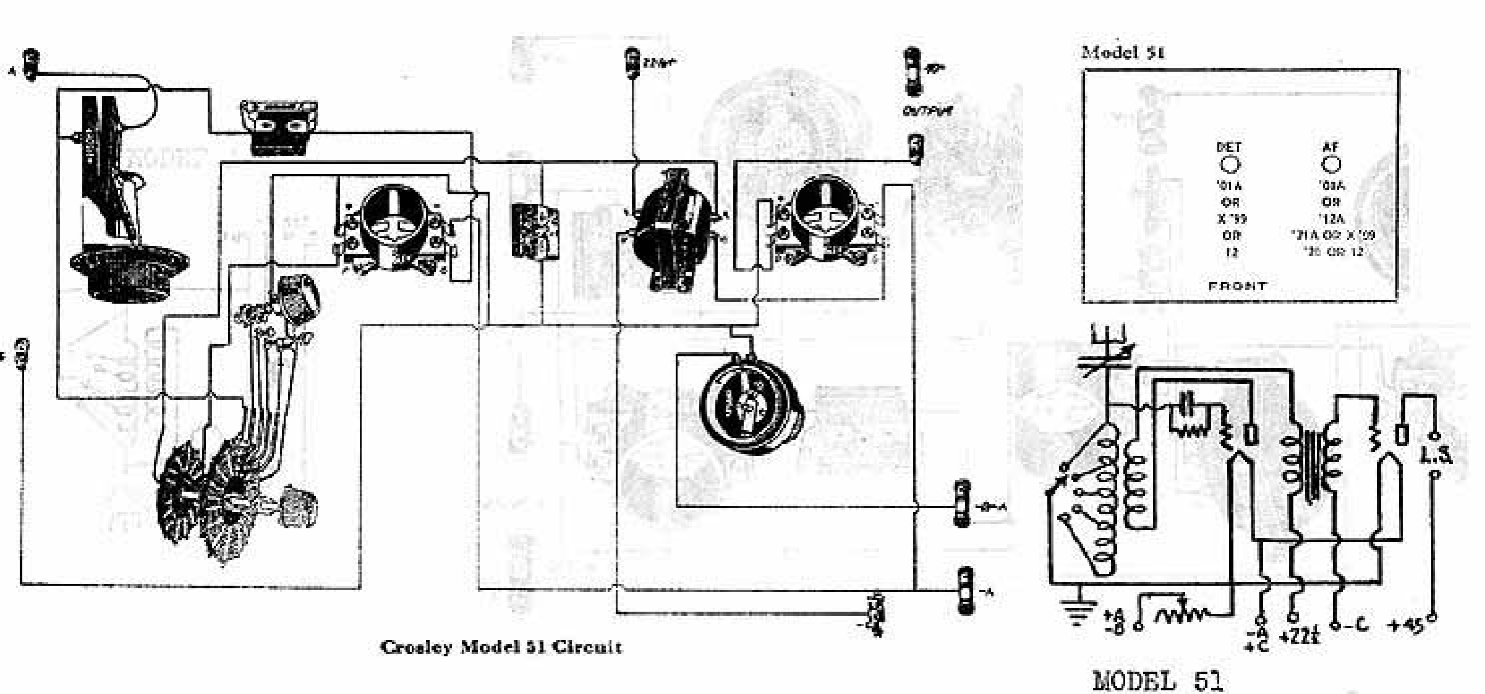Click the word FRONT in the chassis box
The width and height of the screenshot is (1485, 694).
pos(1237,286)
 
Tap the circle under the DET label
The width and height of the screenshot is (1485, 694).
pos(1229,165)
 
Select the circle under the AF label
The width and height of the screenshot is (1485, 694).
pos(1330,165)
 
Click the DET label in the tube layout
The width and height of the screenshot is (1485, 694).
pos(1228,147)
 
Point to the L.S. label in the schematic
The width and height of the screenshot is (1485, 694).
pos(1436,455)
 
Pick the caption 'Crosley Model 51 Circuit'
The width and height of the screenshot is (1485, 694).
pos(501,647)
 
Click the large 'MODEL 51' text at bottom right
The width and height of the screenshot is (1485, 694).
pos(1157,680)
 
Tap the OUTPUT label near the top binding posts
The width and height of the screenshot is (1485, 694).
pos(927,111)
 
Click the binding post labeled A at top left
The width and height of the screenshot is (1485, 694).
pos(30,64)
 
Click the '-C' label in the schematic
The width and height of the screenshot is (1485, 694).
pos(1354,625)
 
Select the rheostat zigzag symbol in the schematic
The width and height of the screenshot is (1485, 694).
pos(1181,614)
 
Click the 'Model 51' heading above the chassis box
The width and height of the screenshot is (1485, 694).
pos(1122,53)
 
